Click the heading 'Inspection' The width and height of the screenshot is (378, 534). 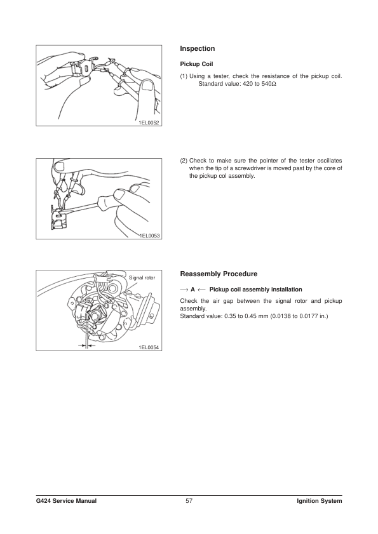(198, 49)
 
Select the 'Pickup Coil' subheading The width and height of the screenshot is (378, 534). (196, 64)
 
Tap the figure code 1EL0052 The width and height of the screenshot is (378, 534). (149, 123)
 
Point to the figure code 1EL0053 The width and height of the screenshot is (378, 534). (149, 236)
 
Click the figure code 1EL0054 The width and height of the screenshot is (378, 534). (149, 347)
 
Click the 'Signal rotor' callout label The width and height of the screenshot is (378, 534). (142, 277)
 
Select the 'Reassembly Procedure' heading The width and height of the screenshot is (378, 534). (219, 274)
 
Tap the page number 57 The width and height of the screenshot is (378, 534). (189, 500)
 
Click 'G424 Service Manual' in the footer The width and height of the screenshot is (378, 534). (66, 500)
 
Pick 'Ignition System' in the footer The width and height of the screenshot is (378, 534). (320, 500)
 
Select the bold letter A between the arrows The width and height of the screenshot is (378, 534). (192, 290)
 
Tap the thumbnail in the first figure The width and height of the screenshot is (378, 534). (147, 85)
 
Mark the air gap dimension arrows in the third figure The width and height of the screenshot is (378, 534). (86, 345)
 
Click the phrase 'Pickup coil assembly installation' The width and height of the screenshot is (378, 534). (255, 290)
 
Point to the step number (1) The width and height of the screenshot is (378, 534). (184, 76)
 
